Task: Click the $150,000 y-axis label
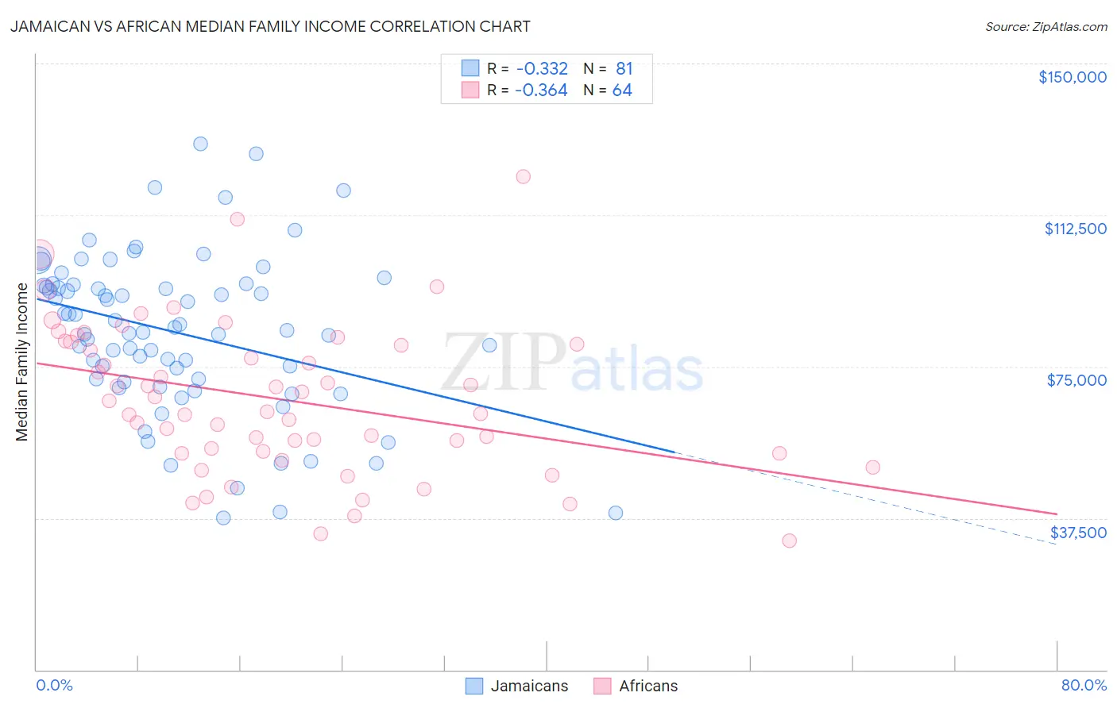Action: click(x=1072, y=77)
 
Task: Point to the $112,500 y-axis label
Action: click(x=1075, y=229)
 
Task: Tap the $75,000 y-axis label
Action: click(x=1076, y=380)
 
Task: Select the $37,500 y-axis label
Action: click(x=1078, y=533)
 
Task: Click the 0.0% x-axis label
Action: click(x=54, y=685)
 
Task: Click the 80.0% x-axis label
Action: click(x=1084, y=685)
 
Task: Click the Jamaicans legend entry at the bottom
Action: click(x=529, y=686)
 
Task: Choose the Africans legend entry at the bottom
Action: click(x=648, y=686)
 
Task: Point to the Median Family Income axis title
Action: click(x=22, y=362)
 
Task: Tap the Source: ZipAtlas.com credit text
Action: click(x=1045, y=27)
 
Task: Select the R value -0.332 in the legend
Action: click(x=541, y=68)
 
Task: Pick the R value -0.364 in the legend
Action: click(x=541, y=90)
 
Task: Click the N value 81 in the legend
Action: click(x=624, y=68)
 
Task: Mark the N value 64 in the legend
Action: click(x=622, y=90)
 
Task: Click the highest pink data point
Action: click(x=523, y=177)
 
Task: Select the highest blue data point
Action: click(x=200, y=144)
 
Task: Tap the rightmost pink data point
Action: click(x=872, y=468)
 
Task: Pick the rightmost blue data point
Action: click(x=615, y=513)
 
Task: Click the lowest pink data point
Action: click(x=789, y=541)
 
